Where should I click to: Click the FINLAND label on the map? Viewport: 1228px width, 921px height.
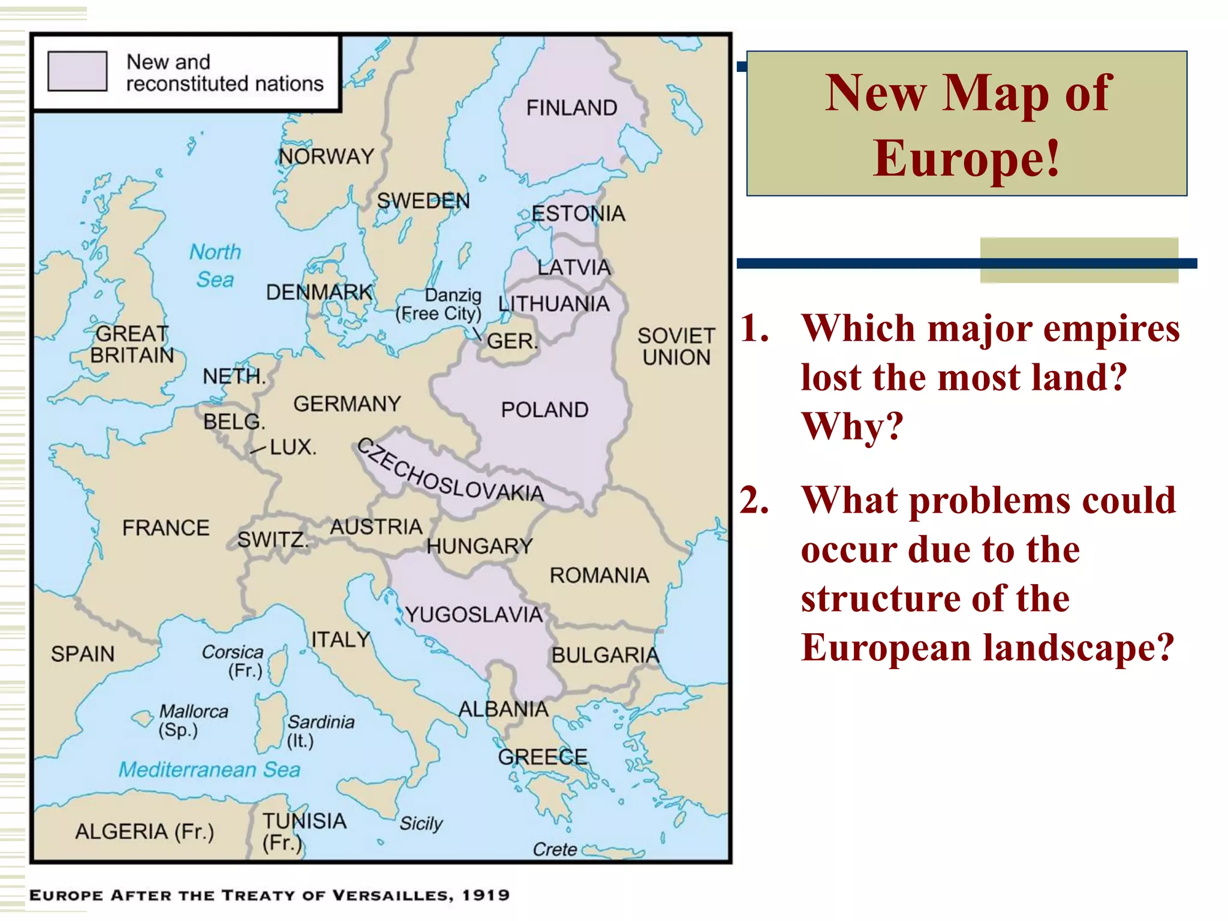pos(571,108)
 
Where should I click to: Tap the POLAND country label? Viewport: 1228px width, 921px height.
pos(544,410)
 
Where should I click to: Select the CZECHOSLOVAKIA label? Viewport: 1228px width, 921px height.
pos(450,472)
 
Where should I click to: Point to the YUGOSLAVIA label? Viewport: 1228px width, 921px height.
pos(474,615)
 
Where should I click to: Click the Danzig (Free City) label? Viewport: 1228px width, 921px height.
pos(439,305)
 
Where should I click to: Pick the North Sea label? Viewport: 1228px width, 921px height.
pos(215,266)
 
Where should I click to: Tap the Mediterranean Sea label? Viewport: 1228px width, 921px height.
pos(209,769)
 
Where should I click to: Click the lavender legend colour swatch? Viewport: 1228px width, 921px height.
pos(77,71)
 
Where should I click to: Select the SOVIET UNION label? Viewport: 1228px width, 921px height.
pos(676,347)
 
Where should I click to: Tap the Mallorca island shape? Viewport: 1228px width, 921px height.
pos(143,718)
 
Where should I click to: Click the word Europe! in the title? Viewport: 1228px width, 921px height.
pos(967,158)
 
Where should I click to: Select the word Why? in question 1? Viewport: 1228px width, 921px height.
pos(852,426)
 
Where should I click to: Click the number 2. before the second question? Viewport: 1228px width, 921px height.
pos(754,500)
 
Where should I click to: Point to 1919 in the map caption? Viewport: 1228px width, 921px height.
pos(486,895)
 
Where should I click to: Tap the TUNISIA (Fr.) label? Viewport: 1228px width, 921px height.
pos(304,831)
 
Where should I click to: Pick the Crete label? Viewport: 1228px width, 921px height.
pos(555,850)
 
